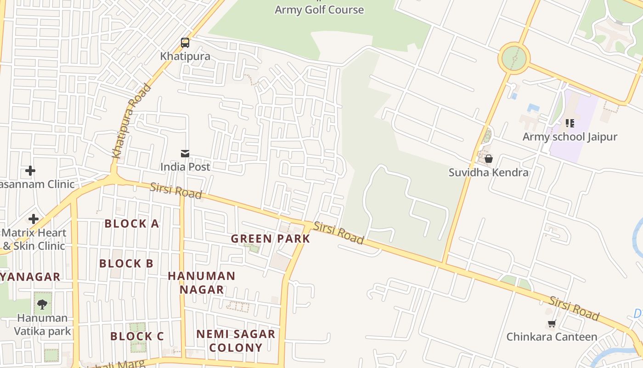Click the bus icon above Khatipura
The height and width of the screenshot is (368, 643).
(185, 43)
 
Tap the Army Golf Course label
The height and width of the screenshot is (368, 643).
(319, 10)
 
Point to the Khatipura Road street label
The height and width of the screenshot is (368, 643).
(132, 121)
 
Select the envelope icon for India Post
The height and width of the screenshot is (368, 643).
(185, 154)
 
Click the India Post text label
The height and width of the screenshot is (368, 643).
(185, 167)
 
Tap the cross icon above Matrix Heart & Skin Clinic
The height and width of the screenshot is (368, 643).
(33, 219)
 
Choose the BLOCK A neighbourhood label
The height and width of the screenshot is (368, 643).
(131, 224)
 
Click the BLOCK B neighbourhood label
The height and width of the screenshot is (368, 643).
(126, 264)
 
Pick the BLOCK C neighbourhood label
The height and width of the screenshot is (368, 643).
(137, 336)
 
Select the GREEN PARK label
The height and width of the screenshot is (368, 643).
(271, 239)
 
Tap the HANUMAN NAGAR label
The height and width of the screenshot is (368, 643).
(201, 282)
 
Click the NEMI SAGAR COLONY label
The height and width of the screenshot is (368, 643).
(236, 340)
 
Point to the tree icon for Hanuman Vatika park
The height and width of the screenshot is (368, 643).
(42, 304)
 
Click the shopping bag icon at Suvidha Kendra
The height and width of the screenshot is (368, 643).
(489, 159)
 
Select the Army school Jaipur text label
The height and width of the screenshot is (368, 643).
(570, 137)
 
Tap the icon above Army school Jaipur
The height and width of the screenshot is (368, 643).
(570, 123)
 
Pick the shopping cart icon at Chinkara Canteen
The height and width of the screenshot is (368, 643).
(552, 323)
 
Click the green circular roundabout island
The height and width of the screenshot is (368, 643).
(514, 58)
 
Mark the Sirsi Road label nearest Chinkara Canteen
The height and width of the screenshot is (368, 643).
(574, 308)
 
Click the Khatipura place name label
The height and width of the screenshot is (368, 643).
(185, 56)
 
